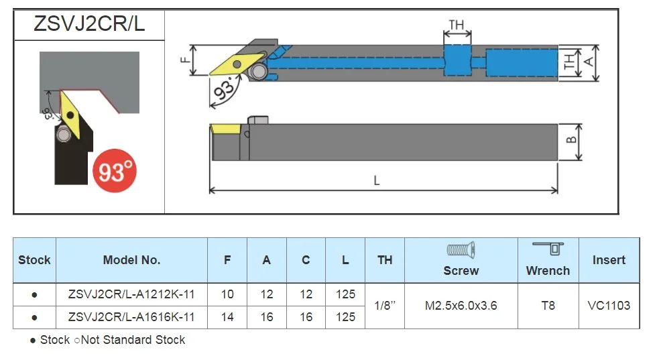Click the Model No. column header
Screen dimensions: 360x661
click(131, 260)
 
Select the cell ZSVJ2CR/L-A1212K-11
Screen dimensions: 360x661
click(131, 294)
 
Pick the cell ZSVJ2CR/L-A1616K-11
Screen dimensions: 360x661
click(131, 317)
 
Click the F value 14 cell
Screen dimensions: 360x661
click(227, 317)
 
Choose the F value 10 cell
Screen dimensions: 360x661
click(227, 294)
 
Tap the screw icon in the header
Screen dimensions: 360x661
click(461, 251)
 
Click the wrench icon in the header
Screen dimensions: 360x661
click(548, 249)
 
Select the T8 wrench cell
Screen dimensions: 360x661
click(548, 306)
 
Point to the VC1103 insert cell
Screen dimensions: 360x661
click(609, 306)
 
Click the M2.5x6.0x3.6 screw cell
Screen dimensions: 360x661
click(461, 306)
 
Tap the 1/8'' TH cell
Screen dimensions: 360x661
click(385, 306)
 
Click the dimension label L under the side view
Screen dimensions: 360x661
click(377, 180)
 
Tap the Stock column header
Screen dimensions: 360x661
click(34, 260)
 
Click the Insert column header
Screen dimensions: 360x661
click(609, 260)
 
